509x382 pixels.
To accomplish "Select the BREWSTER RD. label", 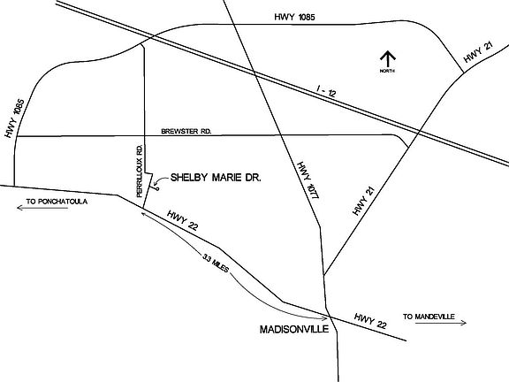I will point(187,132).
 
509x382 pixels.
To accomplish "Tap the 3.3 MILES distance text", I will point(217,264).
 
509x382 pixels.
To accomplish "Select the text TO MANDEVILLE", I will point(428,316).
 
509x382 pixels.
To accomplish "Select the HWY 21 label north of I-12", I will point(477,56).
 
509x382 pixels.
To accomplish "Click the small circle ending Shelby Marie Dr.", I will point(157,187).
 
